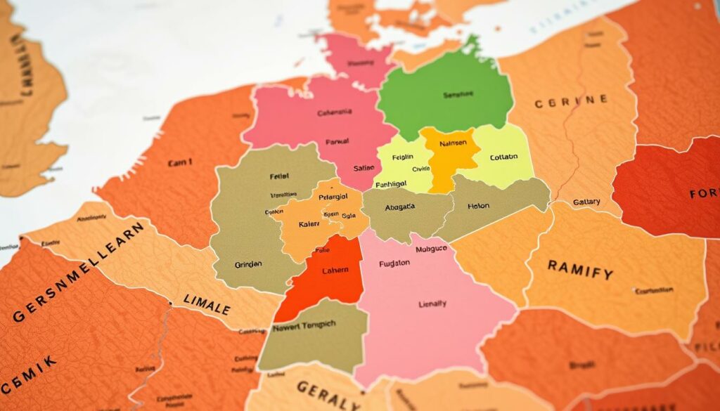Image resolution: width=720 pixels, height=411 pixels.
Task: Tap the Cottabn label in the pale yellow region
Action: click(x=503, y=157)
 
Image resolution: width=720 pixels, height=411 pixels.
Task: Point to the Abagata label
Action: click(x=398, y=207)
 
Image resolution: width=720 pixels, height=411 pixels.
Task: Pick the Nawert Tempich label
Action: click(x=304, y=326)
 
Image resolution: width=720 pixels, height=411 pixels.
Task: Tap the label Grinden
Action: click(x=248, y=265)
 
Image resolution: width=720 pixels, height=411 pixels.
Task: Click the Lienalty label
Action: click(x=432, y=304)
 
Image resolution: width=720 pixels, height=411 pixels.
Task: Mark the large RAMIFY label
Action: click(x=580, y=269)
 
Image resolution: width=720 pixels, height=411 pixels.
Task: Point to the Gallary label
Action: click(x=586, y=202)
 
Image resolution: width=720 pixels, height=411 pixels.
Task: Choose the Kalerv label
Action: click(x=309, y=224)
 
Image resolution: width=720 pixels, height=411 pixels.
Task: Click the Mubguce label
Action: click(x=432, y=249)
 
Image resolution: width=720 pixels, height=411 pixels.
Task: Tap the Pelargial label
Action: click(x=337, y=197)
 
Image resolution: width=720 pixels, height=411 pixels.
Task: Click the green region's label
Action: click(x=458, y=94)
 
